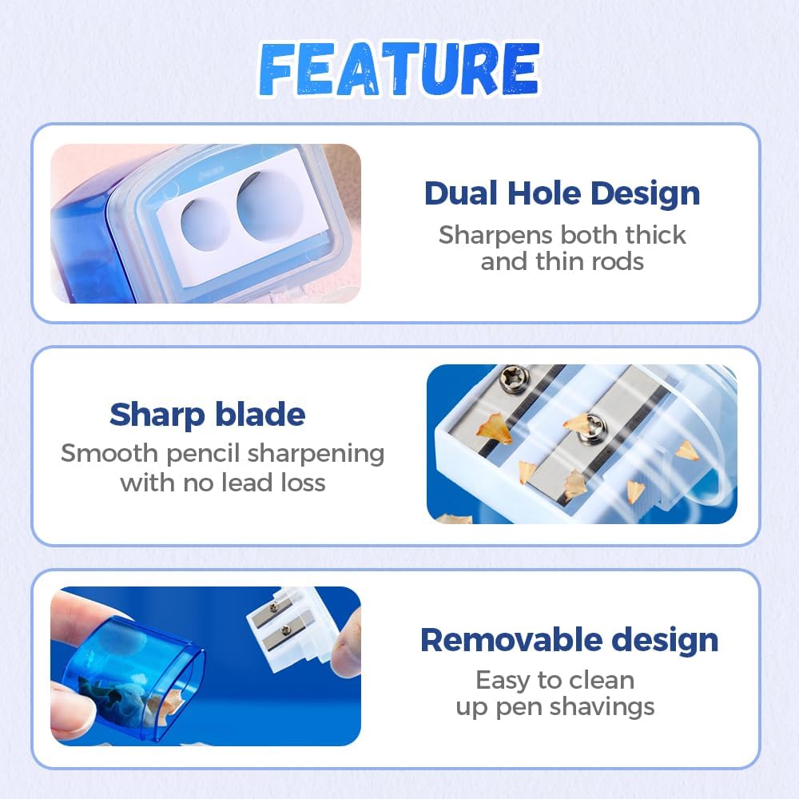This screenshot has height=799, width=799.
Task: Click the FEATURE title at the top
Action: pos(399,70)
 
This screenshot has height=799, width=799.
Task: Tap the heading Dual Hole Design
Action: pos(562,193)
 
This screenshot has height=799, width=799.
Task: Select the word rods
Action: pos(615,261)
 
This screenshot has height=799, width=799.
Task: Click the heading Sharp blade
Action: pos(208,415)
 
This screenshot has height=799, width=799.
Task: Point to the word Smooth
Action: pos(109,454)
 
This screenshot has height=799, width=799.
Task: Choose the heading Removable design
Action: pos(569,640)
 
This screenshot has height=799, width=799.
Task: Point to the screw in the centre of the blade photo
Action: pos(595,424)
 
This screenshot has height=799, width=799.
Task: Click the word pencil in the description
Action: pos(202,454)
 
